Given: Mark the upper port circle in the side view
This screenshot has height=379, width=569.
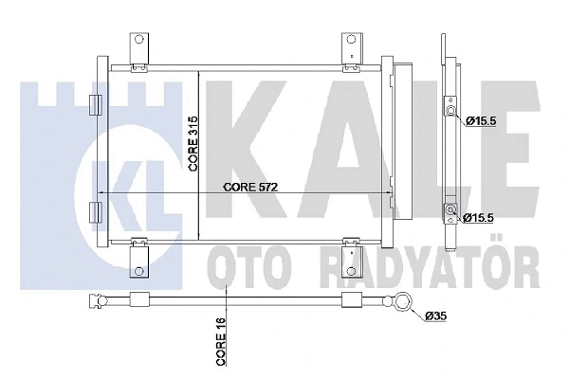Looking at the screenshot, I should [x=453, y=114].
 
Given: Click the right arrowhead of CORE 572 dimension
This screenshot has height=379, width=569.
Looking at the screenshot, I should [x=391, y=194].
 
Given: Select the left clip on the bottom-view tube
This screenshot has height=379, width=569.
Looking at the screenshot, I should [x=135, y=300].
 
